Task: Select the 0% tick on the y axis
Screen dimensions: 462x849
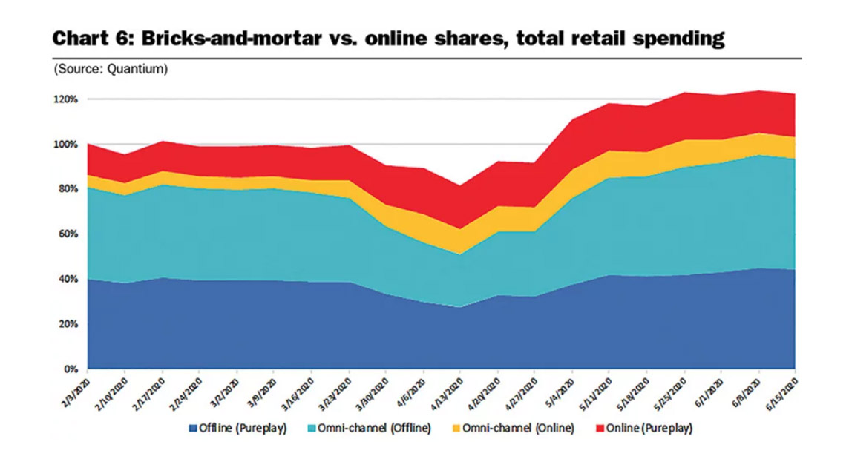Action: click(71, 369)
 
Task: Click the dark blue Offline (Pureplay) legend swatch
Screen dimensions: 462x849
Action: click(194, 428)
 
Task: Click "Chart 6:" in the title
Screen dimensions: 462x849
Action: click(84, 39)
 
